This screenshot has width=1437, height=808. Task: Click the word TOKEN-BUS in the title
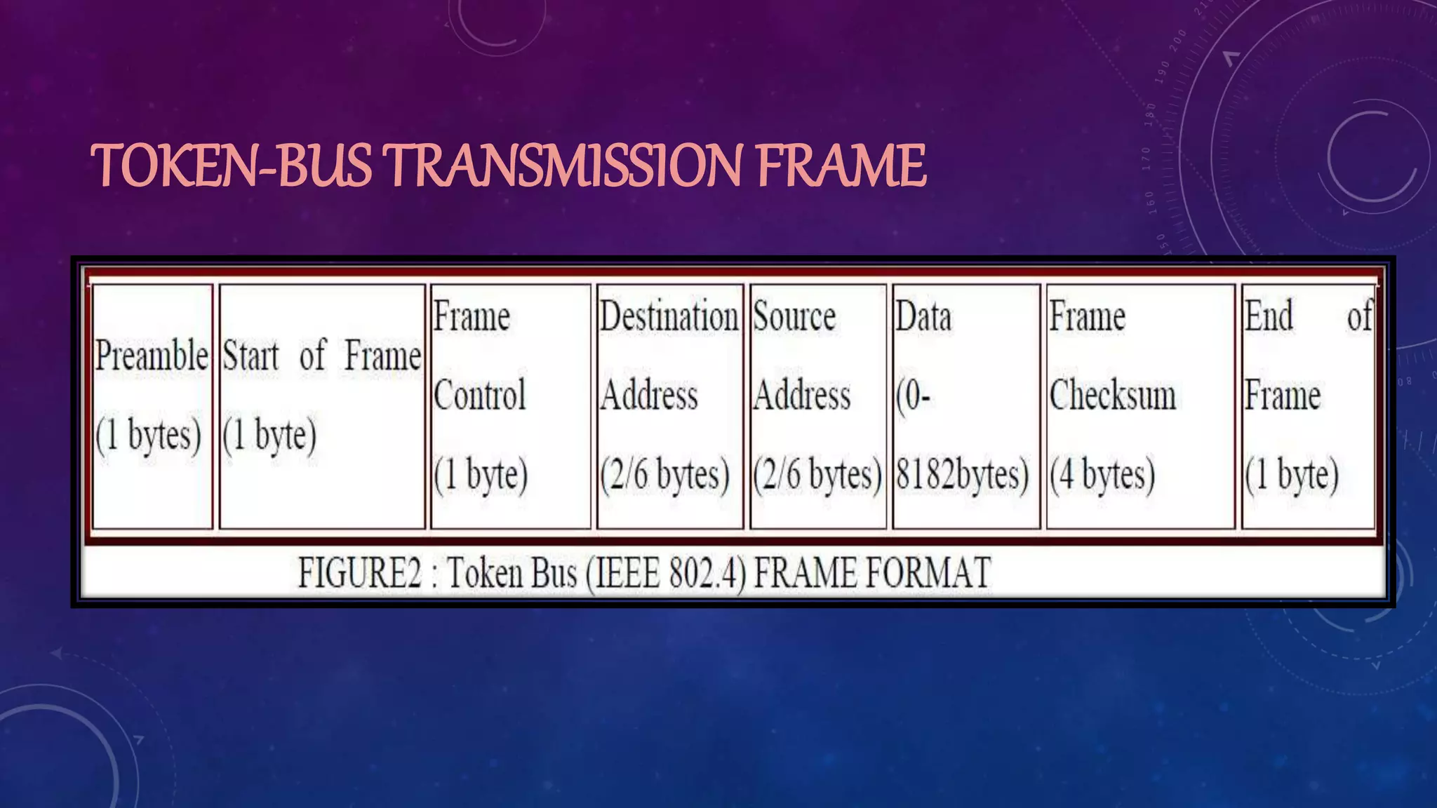tap(232, 166)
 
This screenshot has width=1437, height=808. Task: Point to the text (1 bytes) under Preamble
tap(149, 435)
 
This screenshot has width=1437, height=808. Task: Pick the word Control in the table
tap(479, 395)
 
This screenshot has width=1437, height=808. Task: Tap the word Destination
tap(669, 316)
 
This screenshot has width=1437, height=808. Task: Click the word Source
tap(794, 316)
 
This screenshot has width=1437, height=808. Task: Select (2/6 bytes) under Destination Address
tap(665, 475)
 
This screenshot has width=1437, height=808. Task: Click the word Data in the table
tap(923, 316)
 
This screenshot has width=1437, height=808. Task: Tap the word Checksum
tap(1113, 395)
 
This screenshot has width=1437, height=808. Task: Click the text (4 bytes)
tap(1102, 475)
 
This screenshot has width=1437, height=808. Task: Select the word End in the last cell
tap(1269, 316)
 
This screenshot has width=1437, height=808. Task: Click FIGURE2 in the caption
tap(360, 573)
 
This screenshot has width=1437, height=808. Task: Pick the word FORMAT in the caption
tap(928, 573)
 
